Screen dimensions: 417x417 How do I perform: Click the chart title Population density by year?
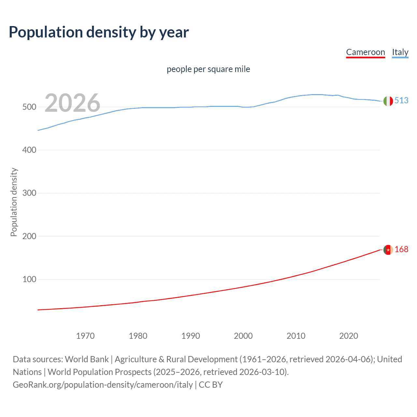click(x=99, y=32)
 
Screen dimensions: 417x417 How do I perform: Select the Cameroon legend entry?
click(x=365, y=52)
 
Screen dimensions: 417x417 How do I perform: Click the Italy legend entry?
click(x=400, y=52)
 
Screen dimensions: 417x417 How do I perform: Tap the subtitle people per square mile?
click(x=208, y=69)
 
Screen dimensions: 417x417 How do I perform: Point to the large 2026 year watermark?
click(x=72, y=103)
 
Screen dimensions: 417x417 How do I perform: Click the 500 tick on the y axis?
click(x=29, y=107)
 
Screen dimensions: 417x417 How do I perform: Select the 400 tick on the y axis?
click(x=29, y=150)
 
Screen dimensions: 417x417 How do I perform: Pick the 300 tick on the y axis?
click(x=29, y=193)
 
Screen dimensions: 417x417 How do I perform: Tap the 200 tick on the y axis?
click(x=29, y=236)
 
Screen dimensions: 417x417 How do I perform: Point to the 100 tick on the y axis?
click(x=29, y=280)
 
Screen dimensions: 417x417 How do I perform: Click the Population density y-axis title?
click(x=14, y=202)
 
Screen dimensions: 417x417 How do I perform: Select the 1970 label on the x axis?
click(x=85, y=336)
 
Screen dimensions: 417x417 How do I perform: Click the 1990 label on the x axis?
click(x=191, y=336)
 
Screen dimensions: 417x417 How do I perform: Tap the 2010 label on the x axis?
click(x=296, y=336)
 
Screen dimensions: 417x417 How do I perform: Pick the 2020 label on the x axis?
click(x=349, y=336)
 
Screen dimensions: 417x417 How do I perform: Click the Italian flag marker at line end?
click(x=388, y=101)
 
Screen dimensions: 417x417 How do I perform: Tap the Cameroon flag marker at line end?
click(x=388, y=250)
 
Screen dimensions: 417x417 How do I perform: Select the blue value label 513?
click(x=401, y=100)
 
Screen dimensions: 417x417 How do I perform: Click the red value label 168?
click(x=401, y=249)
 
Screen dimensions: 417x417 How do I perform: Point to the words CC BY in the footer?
click(x=210, y=385)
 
